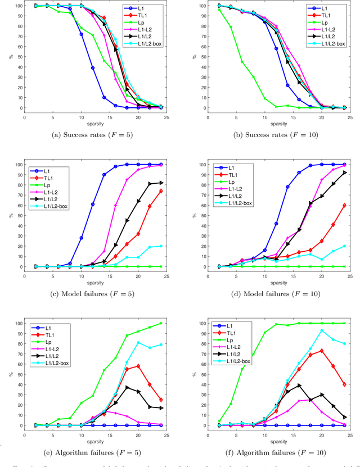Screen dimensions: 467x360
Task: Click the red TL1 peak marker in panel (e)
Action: pyautogui.click(x=138, y=366)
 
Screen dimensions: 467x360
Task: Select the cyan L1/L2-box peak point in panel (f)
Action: pyautogui.click(x=322, y=330)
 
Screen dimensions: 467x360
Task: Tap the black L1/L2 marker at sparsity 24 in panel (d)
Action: pyautogui.click(x=344, y=173)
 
